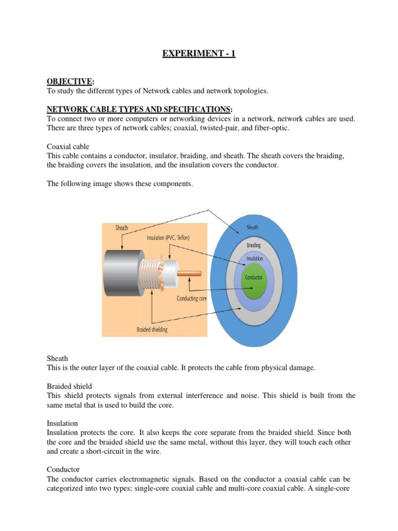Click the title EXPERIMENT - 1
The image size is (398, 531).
point(199,53)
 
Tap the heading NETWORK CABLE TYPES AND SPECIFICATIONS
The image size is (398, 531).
point(139,109)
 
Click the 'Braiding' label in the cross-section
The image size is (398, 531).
point(253,245)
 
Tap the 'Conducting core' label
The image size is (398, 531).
point(195,299)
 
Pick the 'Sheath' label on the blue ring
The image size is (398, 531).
point(253,227)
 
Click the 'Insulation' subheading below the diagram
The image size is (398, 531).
point(62,423)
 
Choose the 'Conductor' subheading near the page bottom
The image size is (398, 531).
point(63,469)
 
